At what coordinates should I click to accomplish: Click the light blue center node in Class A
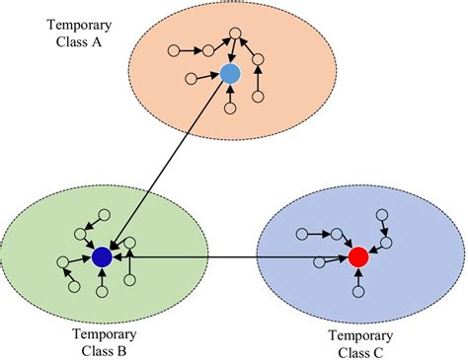click(x=230, y=74)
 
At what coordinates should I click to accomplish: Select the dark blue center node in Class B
click(x=101, y=257)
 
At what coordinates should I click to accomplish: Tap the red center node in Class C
click(x=358, y=257)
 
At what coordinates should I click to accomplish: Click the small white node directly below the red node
click(x=356, y=292)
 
